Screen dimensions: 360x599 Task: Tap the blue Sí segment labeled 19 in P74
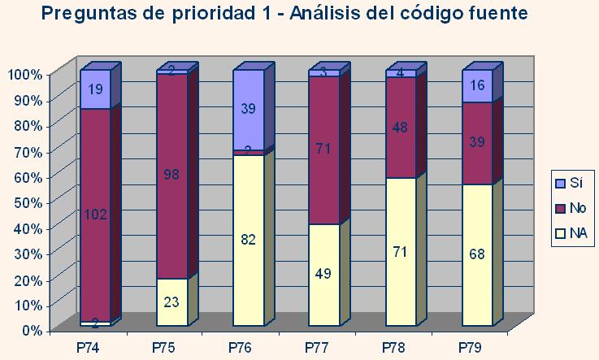coord(95,89)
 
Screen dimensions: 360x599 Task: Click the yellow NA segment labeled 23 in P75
coord(171,301)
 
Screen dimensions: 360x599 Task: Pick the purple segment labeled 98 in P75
coord(171,175)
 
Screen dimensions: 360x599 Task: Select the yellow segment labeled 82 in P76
coord(248,240)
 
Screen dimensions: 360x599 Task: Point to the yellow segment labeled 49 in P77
coord(324,275)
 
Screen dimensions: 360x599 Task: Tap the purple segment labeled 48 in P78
coord(401,128)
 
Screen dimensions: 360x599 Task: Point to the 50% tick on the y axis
coord(26,202)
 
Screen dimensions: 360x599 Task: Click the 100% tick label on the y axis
coord(24,74)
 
